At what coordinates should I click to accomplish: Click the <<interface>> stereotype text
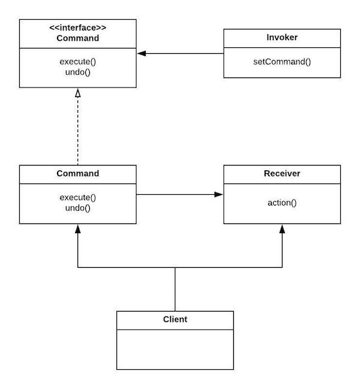[77, 28]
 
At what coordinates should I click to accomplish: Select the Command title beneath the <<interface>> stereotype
[77, 38]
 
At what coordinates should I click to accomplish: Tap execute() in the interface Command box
[77, 61]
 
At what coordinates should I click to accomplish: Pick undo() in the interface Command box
[77, 72]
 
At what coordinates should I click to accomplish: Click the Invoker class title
[282, 38]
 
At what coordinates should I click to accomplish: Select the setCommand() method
[282, 61]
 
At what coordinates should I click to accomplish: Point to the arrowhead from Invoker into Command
[142, 53]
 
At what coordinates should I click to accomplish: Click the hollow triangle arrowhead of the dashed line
[77, 93]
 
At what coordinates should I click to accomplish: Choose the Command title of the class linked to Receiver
[77, 174]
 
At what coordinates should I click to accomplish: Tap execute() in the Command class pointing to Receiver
[77, 197]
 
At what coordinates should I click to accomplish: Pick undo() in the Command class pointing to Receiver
[77, 208]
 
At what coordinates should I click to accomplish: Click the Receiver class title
[282, 174]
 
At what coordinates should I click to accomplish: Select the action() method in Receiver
[282, 203]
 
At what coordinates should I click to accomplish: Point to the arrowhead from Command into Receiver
[219, 194]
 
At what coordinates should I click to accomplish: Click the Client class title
[175, 319]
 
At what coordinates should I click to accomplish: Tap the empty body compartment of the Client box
[175, 349]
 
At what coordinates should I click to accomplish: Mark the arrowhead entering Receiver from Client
[282, 229]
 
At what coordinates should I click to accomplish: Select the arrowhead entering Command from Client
[77, 229]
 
